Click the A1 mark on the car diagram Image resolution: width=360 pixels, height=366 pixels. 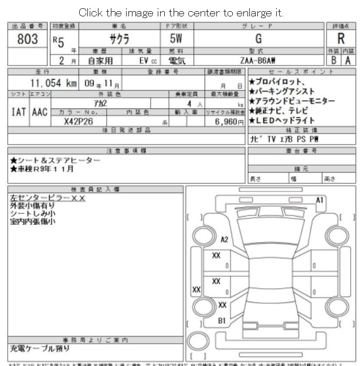tap(320, 200)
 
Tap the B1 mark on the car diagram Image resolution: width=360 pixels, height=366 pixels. tap(222, 320)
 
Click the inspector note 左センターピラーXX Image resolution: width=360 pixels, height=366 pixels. tap(47, 198)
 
